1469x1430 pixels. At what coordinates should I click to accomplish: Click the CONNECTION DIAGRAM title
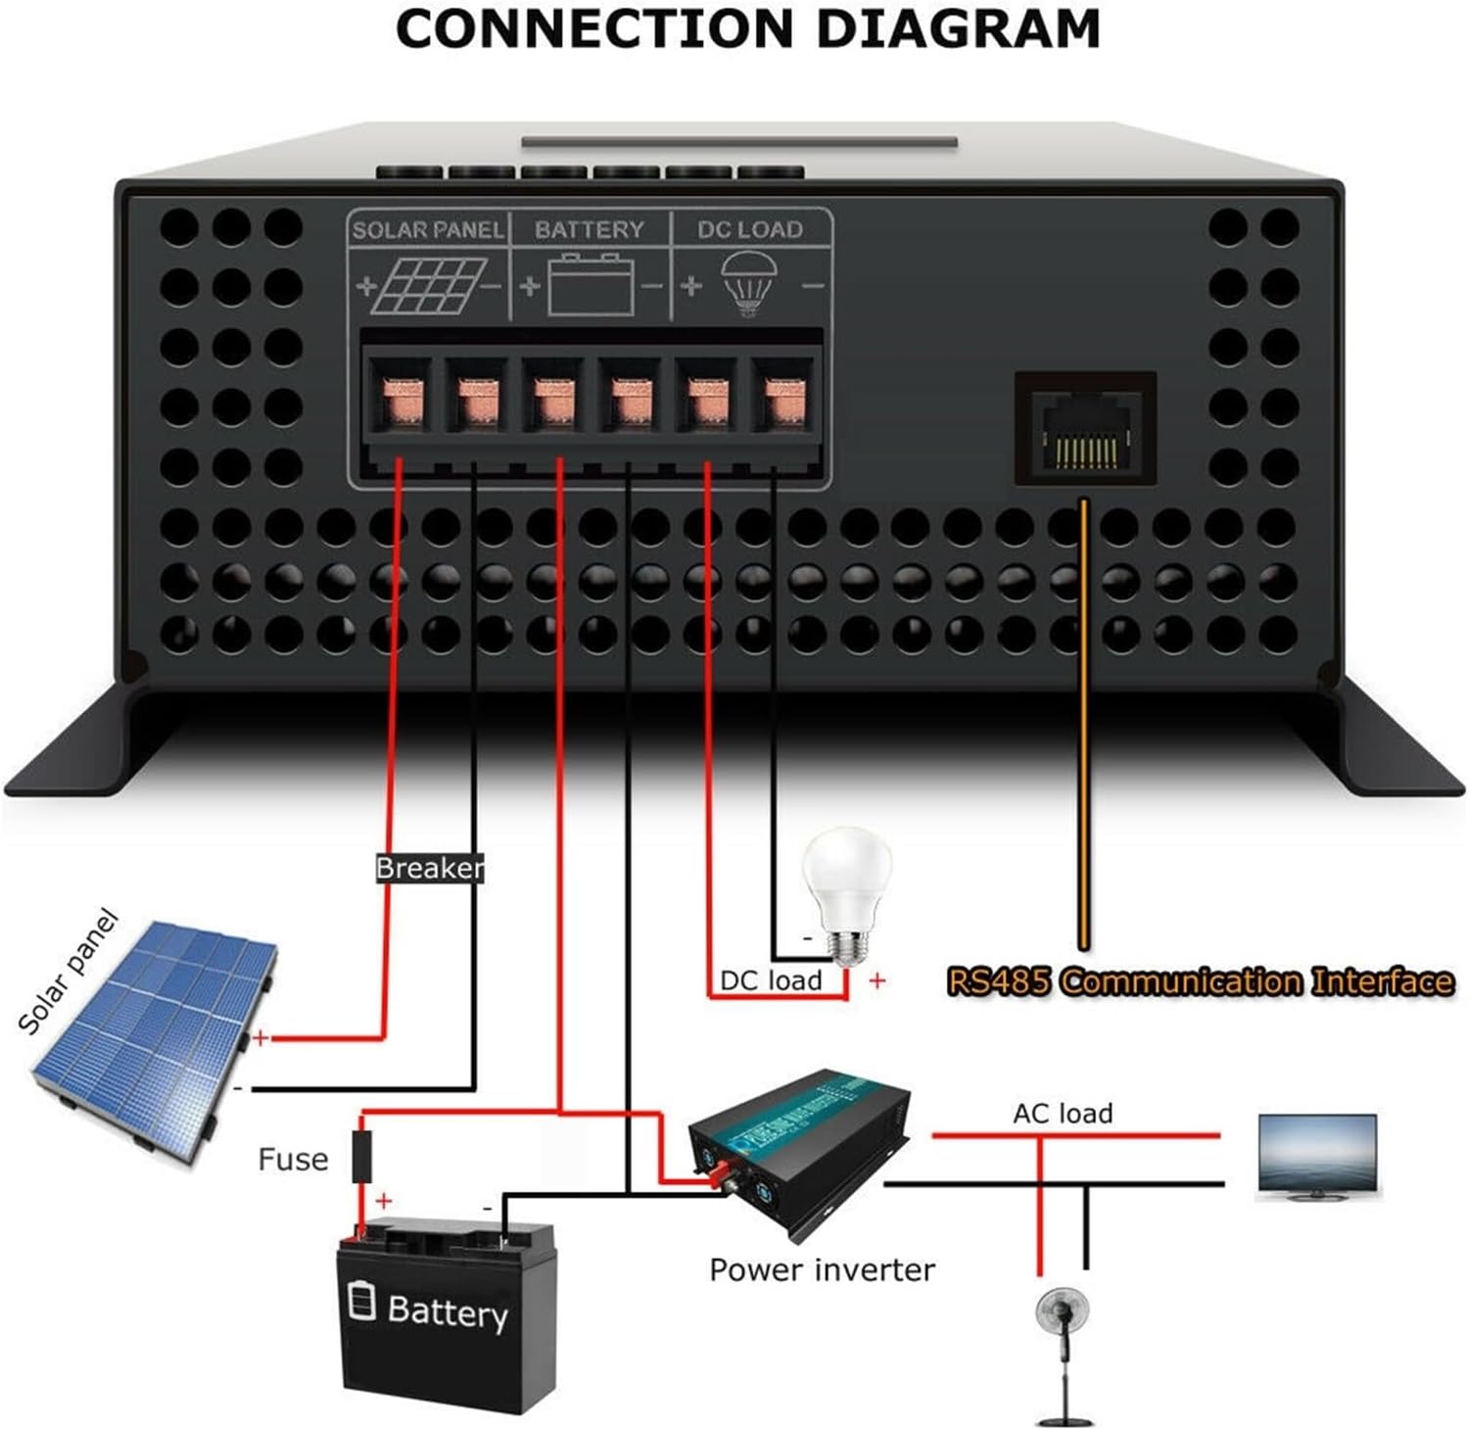coord(748,29)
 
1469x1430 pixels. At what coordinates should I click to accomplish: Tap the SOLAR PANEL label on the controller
coord(428,230)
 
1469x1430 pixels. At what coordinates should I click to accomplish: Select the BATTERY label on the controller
coord(589,229)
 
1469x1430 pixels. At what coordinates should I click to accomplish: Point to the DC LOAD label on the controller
coord(749,229)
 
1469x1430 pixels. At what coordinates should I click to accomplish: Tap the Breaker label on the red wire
coord(429,868)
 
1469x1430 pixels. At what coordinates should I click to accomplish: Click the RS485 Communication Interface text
coord(1200,980)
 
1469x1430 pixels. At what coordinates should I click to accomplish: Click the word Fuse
coord(292,1160)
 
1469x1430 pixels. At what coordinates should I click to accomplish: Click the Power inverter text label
coord(822,1270)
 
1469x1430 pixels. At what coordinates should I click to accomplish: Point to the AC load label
coord(1063,1114)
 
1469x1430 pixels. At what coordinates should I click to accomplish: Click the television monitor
coord(1317,1156)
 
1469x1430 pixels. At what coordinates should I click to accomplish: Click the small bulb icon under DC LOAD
coord(749,283)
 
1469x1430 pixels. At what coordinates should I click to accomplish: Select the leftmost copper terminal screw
coord(400,399)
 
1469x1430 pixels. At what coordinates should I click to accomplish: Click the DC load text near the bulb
coord(771,980)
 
